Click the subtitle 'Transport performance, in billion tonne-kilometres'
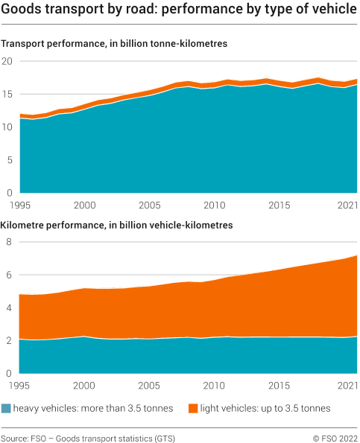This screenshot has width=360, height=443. click(x=114, y=44)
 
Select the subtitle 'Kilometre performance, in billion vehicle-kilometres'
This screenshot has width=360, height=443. click(x=117, y=224)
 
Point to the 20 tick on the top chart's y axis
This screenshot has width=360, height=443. click(x=7, y=62)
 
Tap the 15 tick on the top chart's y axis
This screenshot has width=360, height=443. click(x=7, y=95)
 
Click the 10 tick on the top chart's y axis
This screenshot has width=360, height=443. click(x=7, y=127)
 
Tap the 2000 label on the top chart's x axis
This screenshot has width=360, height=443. click(x=84, y=205)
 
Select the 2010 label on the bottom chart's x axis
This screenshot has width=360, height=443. click(x=215, y=386)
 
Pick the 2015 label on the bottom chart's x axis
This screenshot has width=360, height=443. click(x=280, y=386)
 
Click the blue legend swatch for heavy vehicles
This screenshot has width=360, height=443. click(x=7, y=408)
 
